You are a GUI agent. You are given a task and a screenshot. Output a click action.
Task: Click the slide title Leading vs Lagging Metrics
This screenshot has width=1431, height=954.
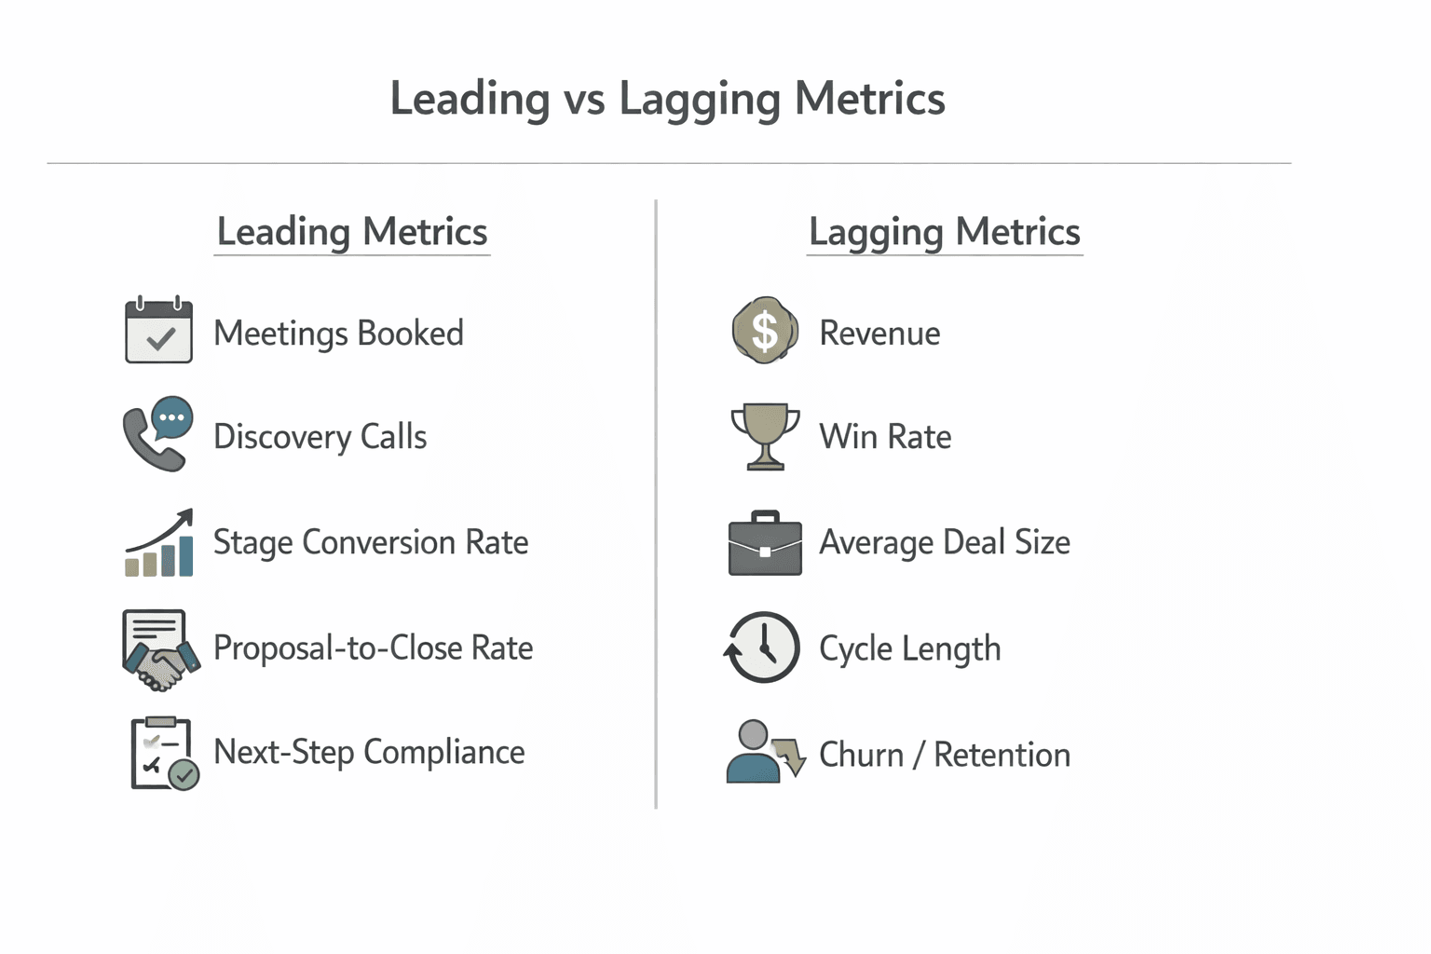[667, 99]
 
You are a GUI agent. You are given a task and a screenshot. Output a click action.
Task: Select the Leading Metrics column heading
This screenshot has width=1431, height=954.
[352, 231]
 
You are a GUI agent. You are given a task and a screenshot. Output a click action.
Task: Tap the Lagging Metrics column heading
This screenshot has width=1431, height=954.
[944, 231]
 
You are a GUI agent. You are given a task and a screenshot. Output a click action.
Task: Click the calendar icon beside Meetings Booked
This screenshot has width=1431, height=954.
[158, 331]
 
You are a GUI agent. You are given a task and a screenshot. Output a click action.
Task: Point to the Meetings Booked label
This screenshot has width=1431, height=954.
[338, 334]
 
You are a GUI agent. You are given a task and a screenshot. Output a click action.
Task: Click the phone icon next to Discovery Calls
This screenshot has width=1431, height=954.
[157, 434]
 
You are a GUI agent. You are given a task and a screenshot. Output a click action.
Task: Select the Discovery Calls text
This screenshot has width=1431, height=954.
[320, 437]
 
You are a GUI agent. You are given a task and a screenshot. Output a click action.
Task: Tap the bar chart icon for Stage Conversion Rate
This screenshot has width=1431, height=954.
[159, 543]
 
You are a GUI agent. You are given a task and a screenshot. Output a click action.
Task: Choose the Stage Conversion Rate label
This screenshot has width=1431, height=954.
[371, 542]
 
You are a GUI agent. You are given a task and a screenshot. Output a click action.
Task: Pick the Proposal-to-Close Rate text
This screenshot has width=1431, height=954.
[373, 647]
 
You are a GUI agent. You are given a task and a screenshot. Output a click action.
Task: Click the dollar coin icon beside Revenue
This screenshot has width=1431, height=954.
[765, 330]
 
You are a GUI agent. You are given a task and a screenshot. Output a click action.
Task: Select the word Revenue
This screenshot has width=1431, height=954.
[879, 334]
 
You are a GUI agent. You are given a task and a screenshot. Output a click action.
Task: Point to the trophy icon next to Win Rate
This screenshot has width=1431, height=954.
[765, 436]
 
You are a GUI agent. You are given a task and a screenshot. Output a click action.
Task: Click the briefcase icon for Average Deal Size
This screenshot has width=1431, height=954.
[765, 544]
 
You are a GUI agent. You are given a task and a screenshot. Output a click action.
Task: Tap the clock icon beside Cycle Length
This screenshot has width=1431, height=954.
[762, 647]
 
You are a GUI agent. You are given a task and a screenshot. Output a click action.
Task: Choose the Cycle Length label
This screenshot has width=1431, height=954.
[909, 648]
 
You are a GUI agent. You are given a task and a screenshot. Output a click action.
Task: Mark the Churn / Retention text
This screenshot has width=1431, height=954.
[944, 755]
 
